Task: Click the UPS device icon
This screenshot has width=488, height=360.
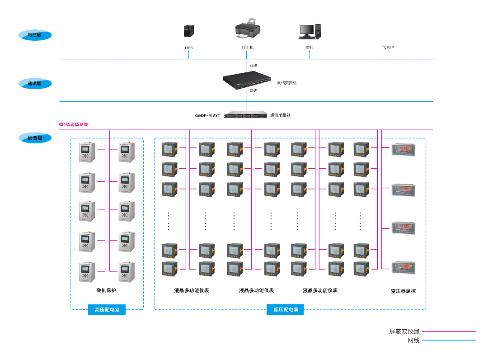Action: pos(189,31)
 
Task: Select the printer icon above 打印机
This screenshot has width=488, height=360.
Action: pos(247,28)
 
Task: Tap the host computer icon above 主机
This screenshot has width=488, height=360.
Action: pos(310,31)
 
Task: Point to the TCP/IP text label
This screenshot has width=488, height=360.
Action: pos(388,47)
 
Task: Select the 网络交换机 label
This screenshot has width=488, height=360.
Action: pos(287,83)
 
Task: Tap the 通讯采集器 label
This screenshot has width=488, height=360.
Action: pos(280,115)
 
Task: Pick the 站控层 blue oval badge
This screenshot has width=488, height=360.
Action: pos(35,35)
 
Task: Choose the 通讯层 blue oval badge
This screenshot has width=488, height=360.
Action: pos(35,84)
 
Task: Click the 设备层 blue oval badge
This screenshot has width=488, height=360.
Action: pos(35,138)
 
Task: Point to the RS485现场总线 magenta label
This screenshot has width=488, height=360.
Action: pos(73,124)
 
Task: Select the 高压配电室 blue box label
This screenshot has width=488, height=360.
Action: pos(107,310)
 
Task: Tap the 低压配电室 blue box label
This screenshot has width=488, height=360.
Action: pos(286,310)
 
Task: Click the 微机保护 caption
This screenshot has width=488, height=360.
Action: pos(106,290)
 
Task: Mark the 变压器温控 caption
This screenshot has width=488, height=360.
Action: pos(403,291)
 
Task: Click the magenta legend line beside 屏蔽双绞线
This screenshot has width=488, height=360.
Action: pos(449,332)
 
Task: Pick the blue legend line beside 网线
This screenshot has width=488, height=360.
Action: pos(449,340)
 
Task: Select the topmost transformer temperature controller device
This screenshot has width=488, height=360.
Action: pos(403,150)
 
